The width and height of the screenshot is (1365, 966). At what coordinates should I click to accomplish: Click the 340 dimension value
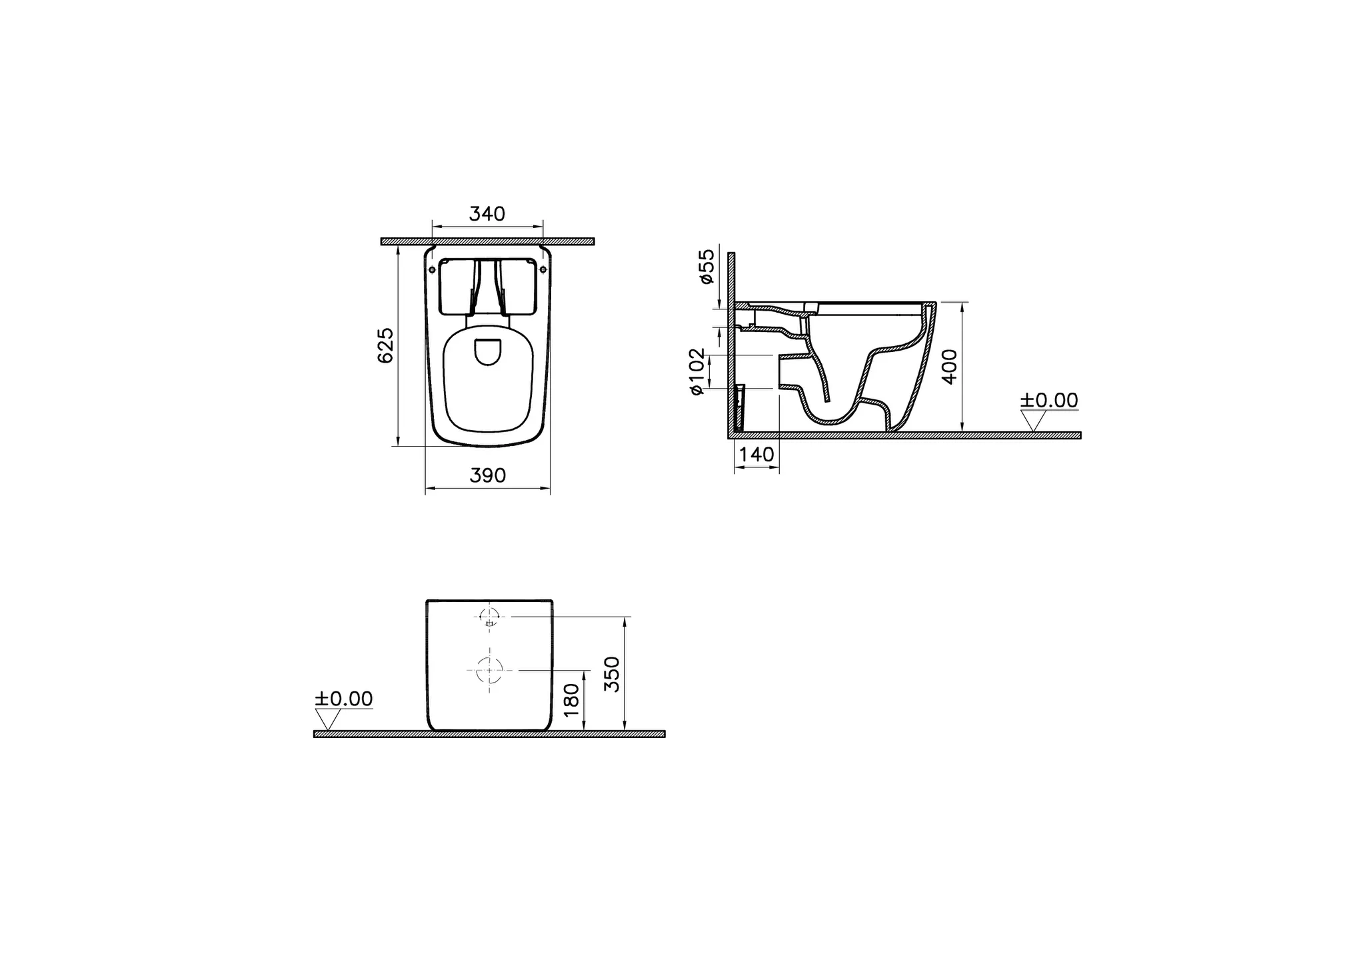pyautogui.click(x=487, y=214)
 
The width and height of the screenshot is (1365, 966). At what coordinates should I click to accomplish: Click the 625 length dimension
pyautogui.click(x=386, y=345)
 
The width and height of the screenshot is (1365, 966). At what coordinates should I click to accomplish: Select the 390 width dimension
pyautogui.click(x=488, y=475)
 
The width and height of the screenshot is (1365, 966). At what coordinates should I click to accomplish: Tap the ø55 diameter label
pyautogui.click(x=706, y=266)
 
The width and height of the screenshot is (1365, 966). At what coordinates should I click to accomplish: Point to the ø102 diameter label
pyautogui.click(x=696, y=371)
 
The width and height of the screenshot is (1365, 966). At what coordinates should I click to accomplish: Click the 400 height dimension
pyautogui.click(x=950, y=366)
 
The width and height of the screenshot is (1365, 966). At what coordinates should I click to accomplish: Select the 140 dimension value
pyautogui.click(x=757, y=455)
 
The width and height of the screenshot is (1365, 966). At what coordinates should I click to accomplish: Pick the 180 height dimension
pyautogui.click(x=572, y=699)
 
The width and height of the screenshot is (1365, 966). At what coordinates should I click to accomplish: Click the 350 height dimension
pyautogui.click(x=612, y=674)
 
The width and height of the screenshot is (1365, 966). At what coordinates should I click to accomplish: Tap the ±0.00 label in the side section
pyautogui.click(x=1048, y=400)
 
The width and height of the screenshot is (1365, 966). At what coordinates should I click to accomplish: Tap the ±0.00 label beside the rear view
pyautogui.click(x=343, y=699)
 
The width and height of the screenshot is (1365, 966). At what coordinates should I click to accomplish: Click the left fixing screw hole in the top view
pyautogui.click(x=433, y=269)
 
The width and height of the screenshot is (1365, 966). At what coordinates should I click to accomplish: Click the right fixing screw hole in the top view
pyautogui.click(x=543, y=269)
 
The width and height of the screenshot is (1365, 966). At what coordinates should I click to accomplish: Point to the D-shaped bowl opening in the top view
pyautogui.click(x=488, y=352)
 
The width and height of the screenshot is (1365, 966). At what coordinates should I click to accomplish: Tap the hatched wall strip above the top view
pyautogui.click(x=487, y=241)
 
